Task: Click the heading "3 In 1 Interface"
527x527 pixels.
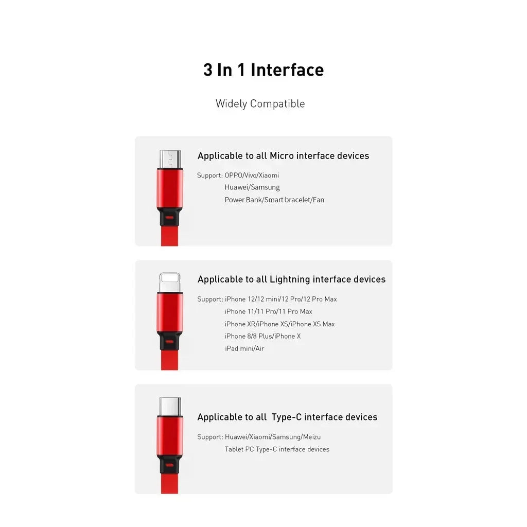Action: pos(263,70)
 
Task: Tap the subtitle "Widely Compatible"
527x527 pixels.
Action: pos(260,103)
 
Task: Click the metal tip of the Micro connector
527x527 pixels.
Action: pos(170,159)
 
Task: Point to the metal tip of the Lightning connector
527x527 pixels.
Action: pos(170,283)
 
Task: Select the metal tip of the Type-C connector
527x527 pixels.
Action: pos(170,407)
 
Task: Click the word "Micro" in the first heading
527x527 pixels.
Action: pos(282,155)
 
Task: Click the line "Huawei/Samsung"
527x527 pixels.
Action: pos(252,187)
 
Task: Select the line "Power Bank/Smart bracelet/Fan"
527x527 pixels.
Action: pos(274,200)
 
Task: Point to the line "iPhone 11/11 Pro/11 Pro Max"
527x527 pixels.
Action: pos(268,311)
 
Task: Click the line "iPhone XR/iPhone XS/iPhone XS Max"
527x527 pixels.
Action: pos(279,324)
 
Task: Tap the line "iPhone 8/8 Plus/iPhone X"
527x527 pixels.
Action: pos(262,336)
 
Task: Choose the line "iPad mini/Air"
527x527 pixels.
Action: pos(244,348)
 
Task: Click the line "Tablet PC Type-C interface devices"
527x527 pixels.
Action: pos(277,449)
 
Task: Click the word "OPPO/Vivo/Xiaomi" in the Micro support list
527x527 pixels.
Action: pos(252,175)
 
